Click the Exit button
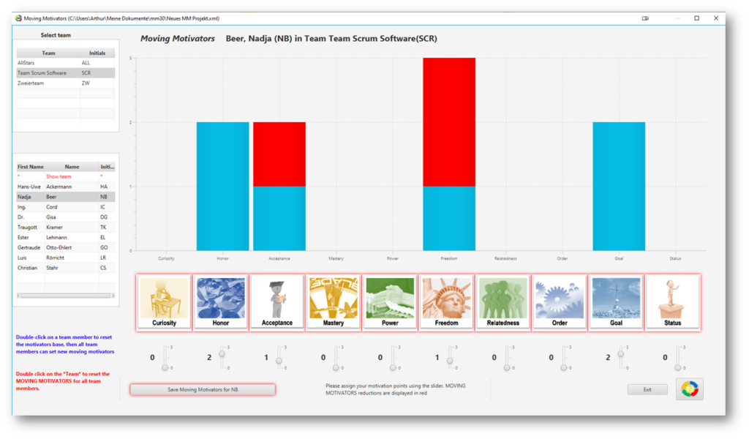click(x=647, y=389)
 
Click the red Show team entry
click(x=59, y=176)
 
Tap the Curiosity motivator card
click(x=164, y=302)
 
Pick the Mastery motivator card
click(x=334, y=302)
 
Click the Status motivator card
click(x=672, y=302)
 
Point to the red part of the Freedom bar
click(x=449, y=121)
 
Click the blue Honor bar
click(x=222, y=186)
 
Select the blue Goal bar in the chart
click(x=619, y=186)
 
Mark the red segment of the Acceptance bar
click(x=279, y=154)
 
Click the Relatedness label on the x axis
click(x=505, y=258)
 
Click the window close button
click(x=715, y=18)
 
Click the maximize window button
click(x=696, y=18)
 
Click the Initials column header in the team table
click(x=97, y=53)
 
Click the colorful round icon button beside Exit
click(x=690, y=389)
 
